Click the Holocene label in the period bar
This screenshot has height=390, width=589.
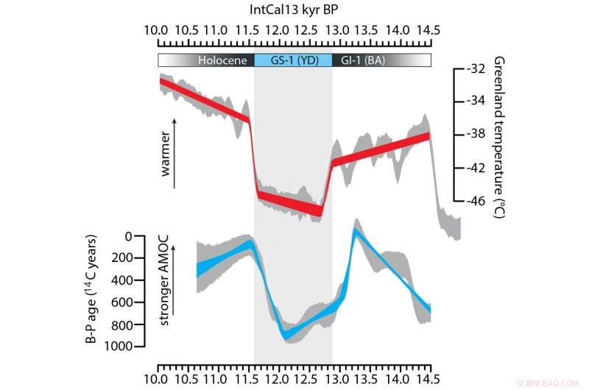click(222, 60)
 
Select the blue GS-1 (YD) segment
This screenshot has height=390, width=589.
click(293, 60)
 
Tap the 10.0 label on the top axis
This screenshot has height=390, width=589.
click(156, 30)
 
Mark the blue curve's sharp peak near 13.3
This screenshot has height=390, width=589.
click(355, 230)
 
